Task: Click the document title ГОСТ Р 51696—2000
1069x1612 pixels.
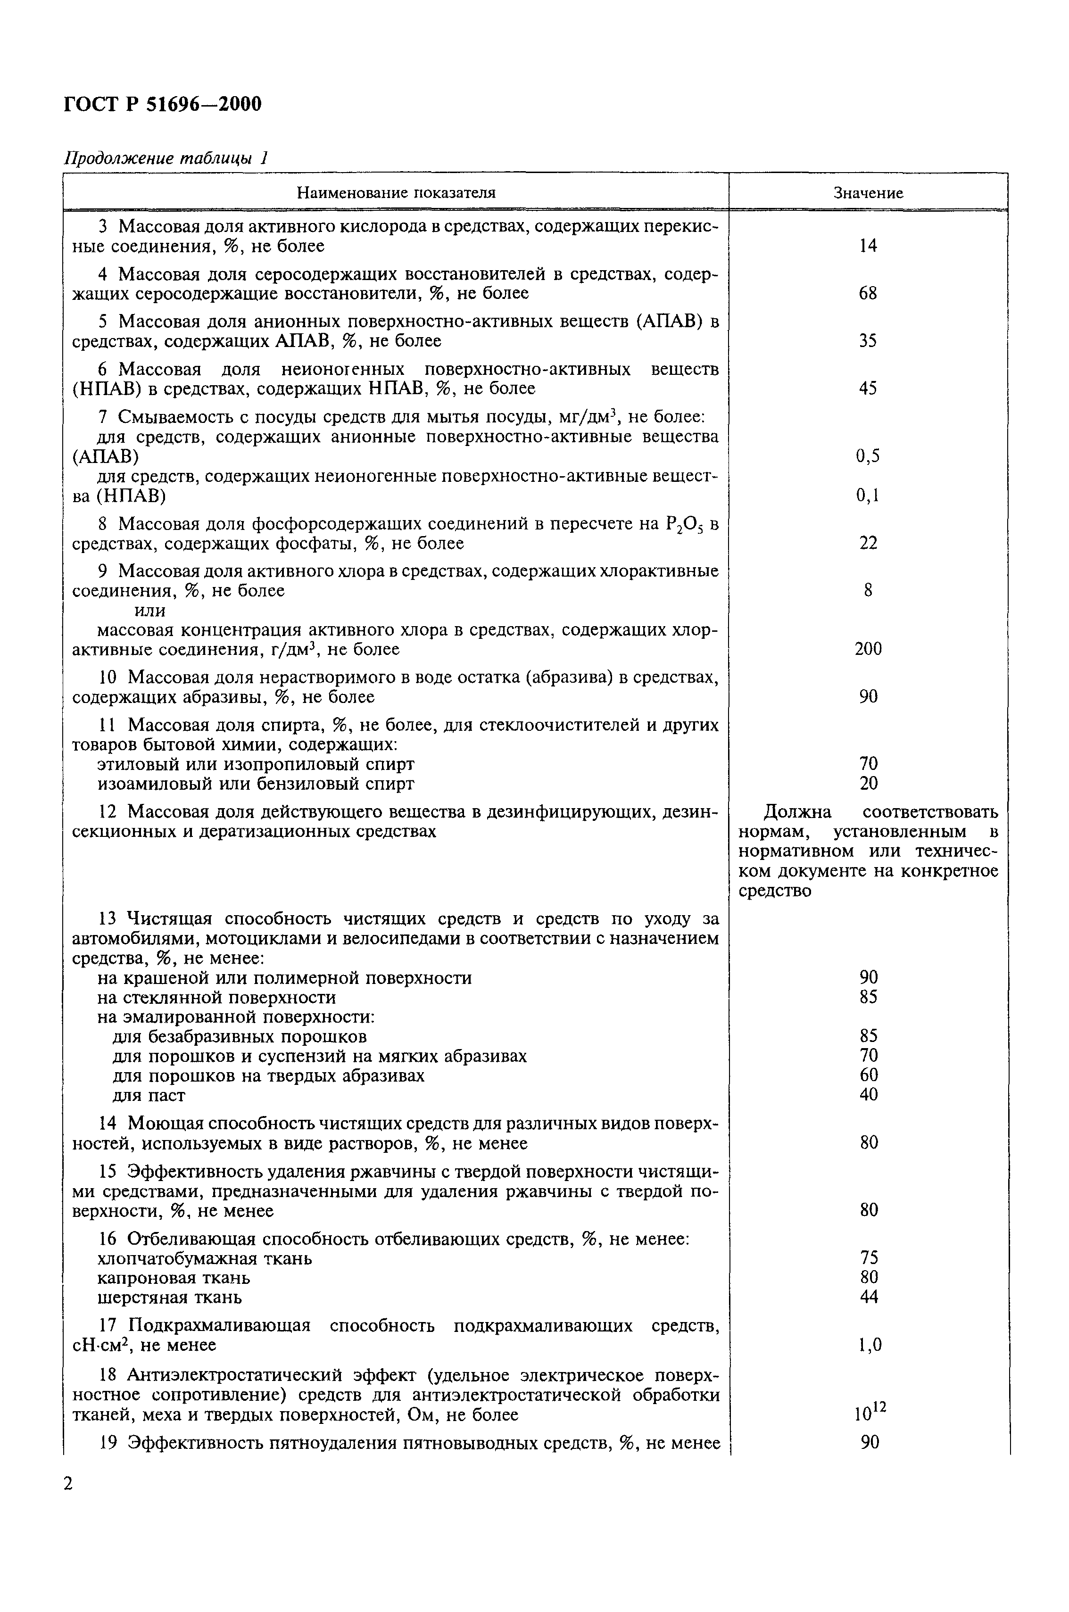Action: (x=162, y=104)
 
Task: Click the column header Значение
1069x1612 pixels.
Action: (x=868, y=193)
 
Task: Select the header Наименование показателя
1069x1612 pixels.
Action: (x=396, y=193)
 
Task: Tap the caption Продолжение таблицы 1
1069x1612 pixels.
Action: (x=166, y=158)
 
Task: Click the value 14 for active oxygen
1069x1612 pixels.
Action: (x=868, y=246)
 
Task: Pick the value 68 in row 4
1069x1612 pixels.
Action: (x=868, y=294)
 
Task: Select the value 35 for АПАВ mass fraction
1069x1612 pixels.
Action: (x=868, y=341)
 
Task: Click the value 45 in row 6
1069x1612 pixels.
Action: (x=868, y=389)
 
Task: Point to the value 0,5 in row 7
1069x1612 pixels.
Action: (x=868, y=456)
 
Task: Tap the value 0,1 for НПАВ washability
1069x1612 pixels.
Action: (x=868, y=496)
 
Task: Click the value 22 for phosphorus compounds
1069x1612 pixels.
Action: (x=868, y=543)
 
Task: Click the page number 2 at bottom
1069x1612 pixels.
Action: (x=68, y=1484)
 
